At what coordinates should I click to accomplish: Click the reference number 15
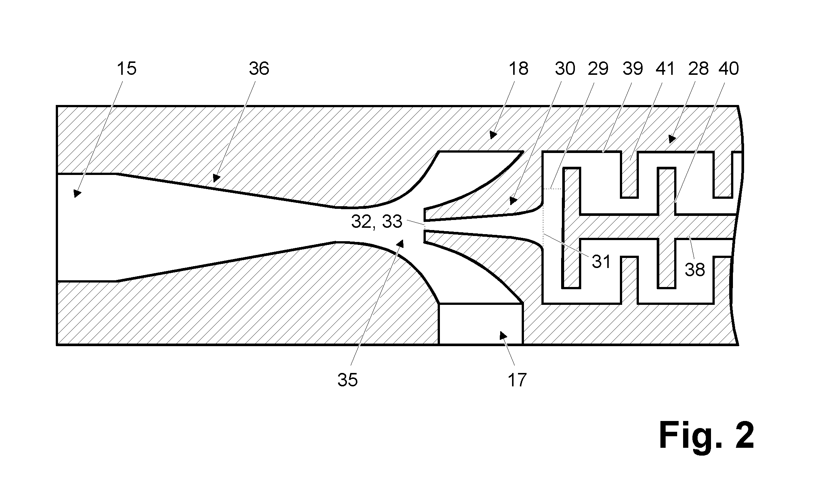click(x=127, y=69)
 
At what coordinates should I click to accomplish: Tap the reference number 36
click(x=259, y=69)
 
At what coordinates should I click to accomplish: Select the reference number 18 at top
click(x=518, y=69)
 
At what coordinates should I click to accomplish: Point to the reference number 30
click(x=565, y=69)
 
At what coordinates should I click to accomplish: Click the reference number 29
click(x=598, y=69)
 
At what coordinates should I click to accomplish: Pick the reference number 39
click(x=633, y=69)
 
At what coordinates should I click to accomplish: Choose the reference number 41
click(x=665, y=69)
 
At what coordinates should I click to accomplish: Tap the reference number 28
click(x=698, y=69)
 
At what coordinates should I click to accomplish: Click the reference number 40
click(x=729, y=69)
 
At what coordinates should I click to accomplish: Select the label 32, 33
click(x=377, y=221)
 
